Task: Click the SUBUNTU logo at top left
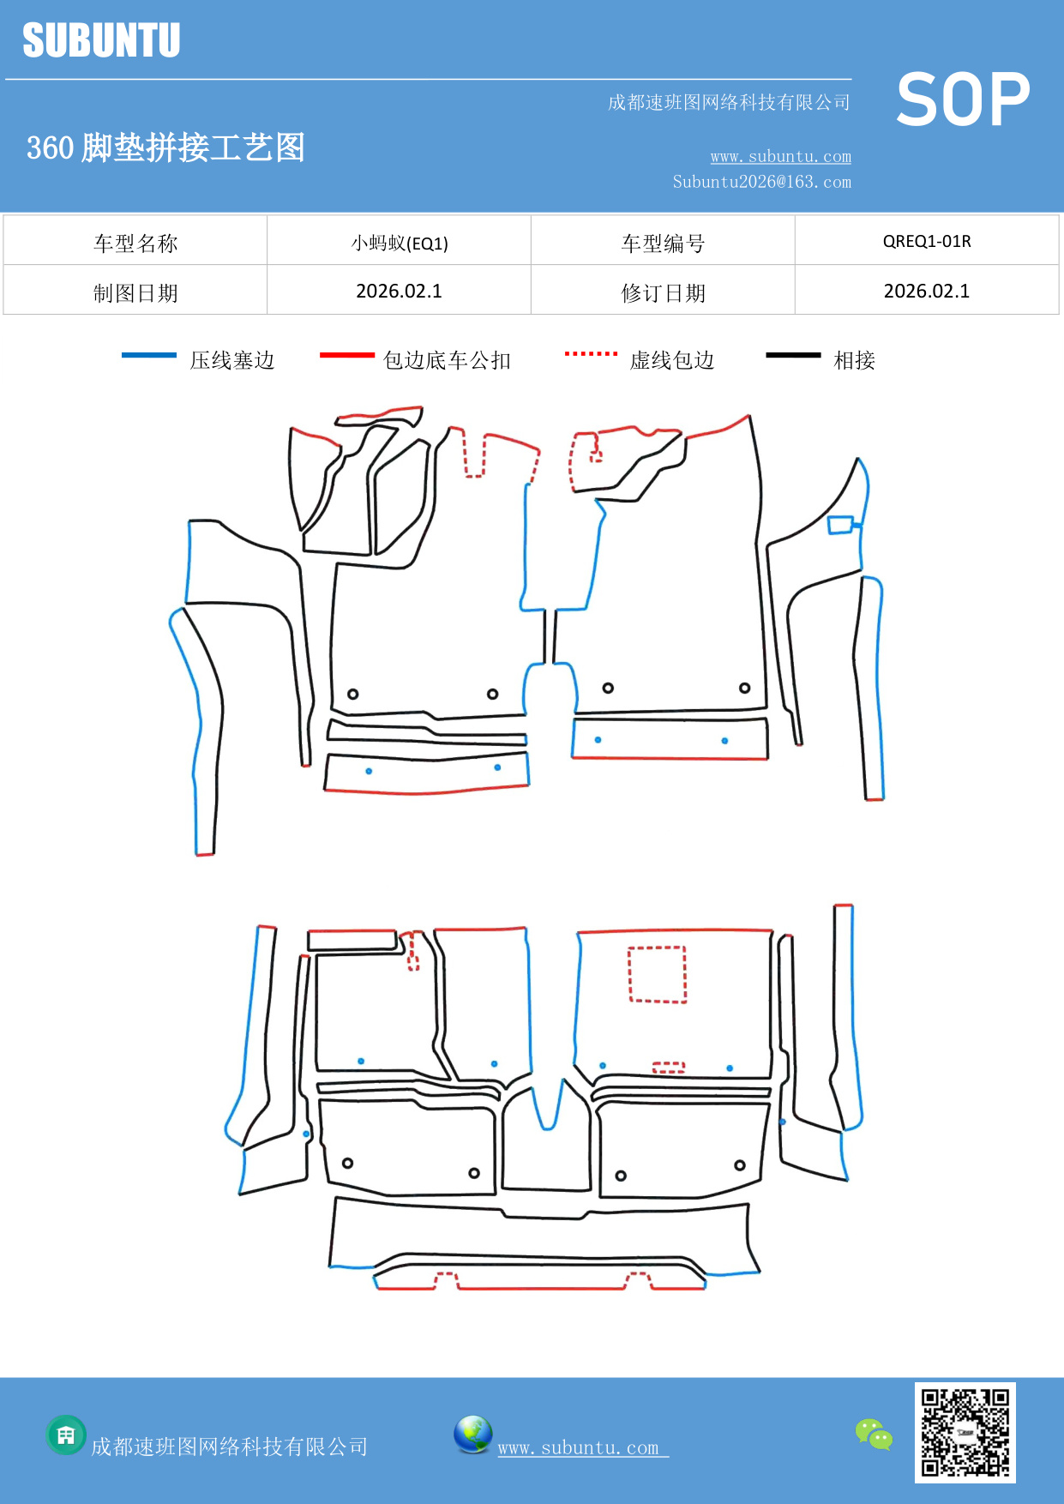coord(101,40)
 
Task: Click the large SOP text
coord(963,99)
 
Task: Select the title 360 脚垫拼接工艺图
coord(165,147)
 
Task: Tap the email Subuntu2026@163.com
coord(761,182)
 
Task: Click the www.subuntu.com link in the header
coord(780,156)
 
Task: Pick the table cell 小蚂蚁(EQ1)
coord(400,243)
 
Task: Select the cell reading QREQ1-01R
coord(927,241)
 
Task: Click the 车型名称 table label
coord(135,244)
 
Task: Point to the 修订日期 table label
coord(663,293)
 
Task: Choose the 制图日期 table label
coord(135,293)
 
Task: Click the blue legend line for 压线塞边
coord(148,355)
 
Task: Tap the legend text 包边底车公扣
coord(447,360)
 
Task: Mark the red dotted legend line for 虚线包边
coord(591,353)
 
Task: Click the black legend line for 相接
coord(793,355)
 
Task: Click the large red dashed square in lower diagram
coord(658,974)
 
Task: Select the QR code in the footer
coord(965,1432)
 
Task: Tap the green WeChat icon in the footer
coord(874,1434)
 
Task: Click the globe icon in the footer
coord(472,1435)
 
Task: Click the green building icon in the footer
coord(66,1435)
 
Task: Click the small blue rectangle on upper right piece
coord(840,525)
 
